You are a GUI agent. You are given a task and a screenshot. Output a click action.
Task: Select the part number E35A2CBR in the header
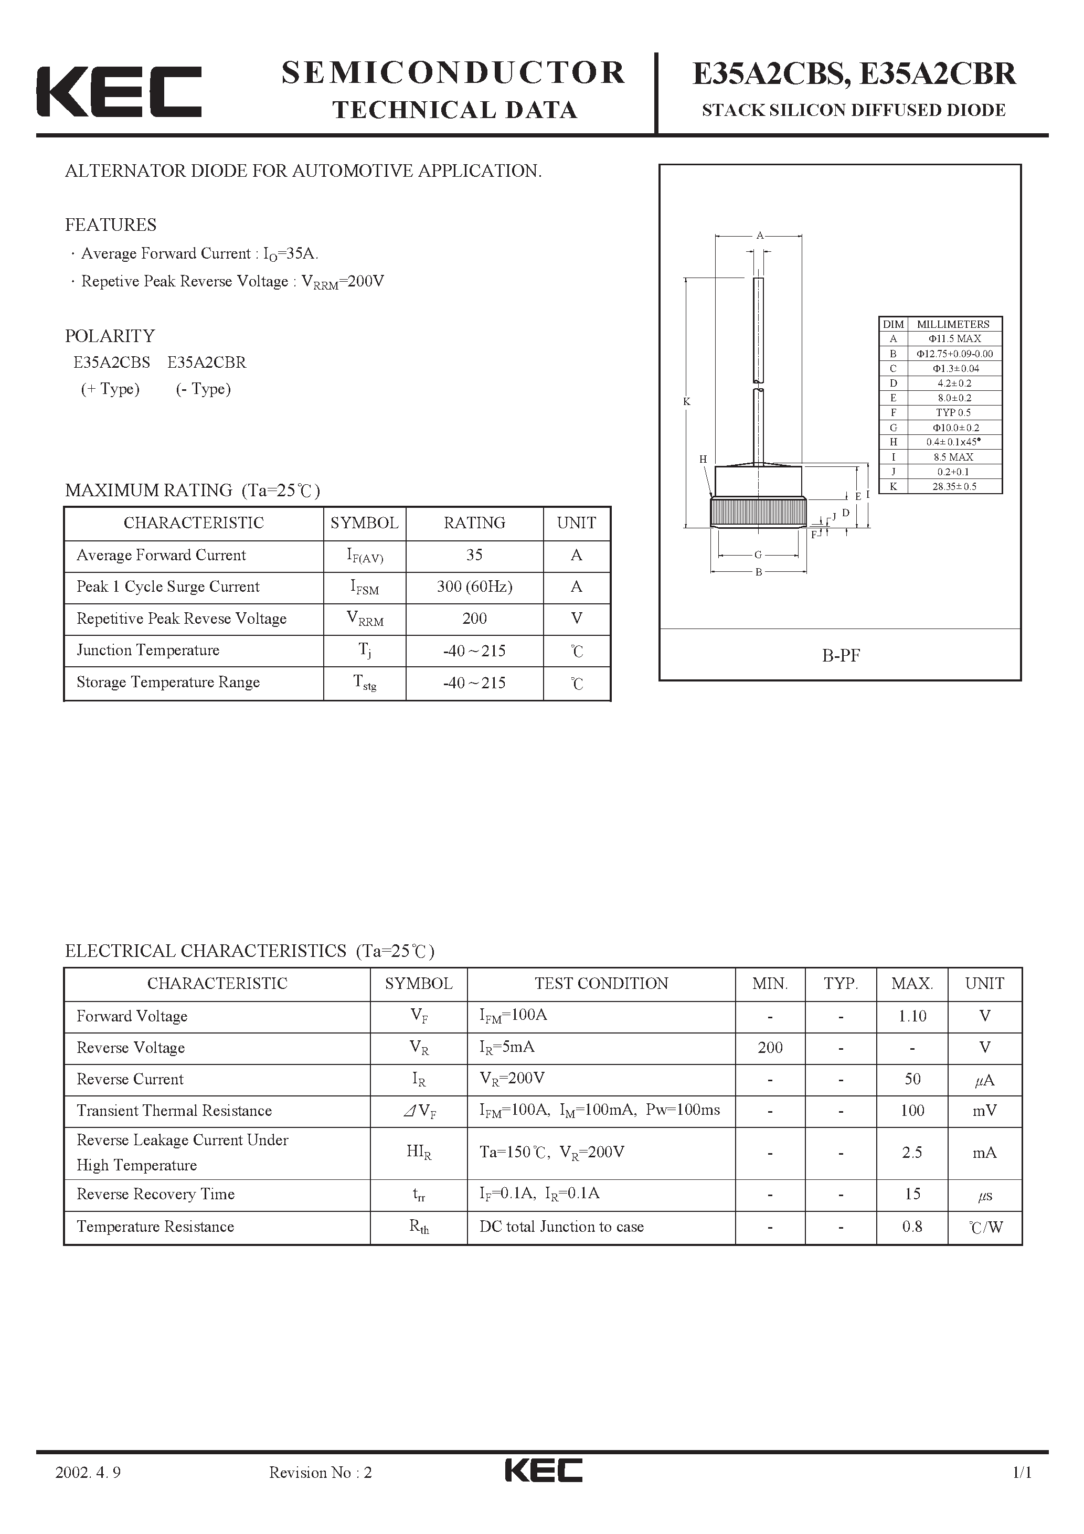937,73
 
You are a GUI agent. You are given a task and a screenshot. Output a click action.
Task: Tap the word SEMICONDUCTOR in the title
453,73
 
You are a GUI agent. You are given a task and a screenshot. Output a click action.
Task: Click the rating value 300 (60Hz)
474,587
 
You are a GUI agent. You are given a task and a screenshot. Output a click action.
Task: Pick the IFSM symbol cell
364,587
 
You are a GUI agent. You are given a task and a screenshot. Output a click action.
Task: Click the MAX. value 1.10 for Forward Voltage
912,1016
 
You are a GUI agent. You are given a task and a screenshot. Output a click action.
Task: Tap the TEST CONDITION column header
601,984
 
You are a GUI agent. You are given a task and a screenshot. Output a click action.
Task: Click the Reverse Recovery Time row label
156,1194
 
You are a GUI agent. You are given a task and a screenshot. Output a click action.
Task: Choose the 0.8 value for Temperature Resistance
912,1227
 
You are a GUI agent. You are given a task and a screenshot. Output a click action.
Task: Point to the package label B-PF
841,655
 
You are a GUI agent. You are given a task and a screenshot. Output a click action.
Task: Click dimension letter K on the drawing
686,401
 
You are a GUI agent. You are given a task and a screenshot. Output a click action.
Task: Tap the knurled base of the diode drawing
758,512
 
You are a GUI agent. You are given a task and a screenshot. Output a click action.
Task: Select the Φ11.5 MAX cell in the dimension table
954,339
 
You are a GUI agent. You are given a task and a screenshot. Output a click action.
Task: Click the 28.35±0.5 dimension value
954,486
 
